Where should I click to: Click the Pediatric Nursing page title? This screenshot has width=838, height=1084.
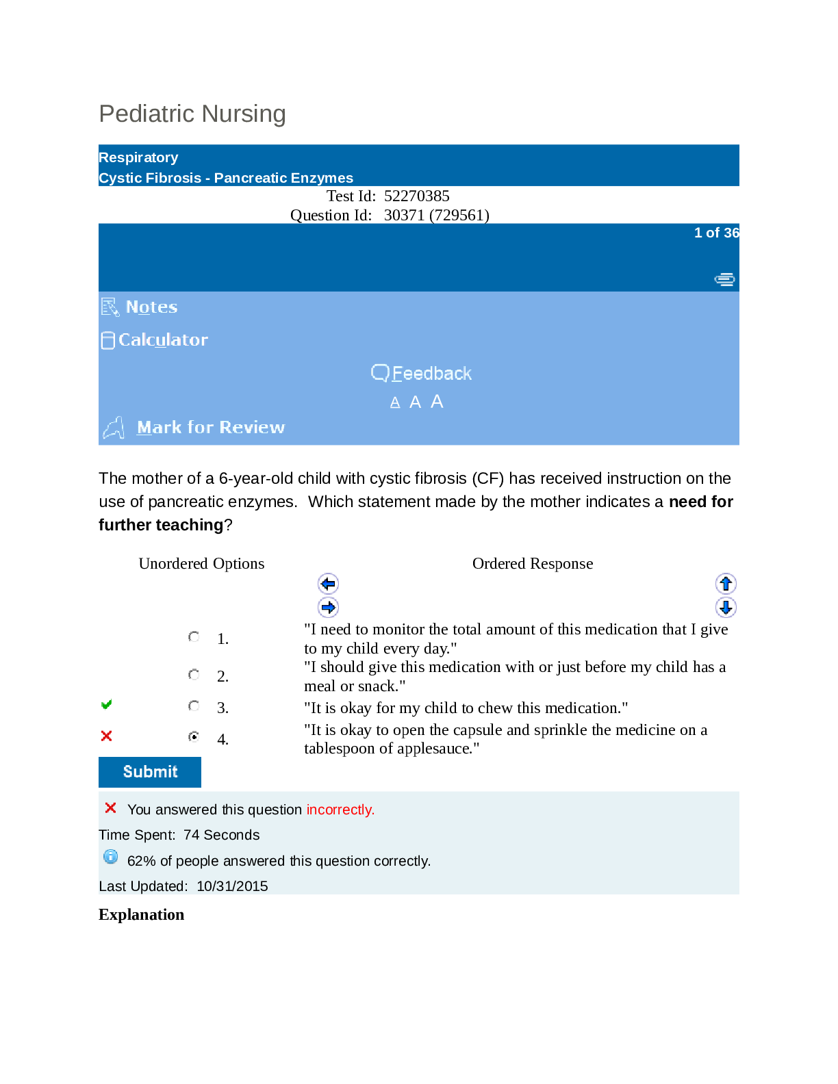click(x=192, y=114)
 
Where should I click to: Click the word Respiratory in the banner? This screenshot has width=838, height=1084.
click(x=138, y=157)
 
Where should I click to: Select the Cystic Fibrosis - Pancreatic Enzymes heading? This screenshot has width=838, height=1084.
click(x=226, y=178)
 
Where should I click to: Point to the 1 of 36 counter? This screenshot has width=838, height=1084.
click(x=716, y=233)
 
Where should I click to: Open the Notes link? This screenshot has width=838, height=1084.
click(x=151, y=307)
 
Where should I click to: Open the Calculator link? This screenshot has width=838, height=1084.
click(x=163, y=340)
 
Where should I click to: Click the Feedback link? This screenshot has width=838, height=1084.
click(x=431, y=374)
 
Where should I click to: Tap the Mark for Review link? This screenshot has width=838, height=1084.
click(x=210, y=428)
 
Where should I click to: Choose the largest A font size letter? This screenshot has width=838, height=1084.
click(x=437, y=402)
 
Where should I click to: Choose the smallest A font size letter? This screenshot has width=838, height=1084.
click(x=395, y=403)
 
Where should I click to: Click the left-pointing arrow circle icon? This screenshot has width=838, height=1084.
click(x=329, y=584)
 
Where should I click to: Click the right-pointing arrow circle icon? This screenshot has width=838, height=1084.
click(x=329, y=607)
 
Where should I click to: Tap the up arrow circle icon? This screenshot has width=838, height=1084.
click(x=726, y=584)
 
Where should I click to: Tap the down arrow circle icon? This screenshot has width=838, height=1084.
click(x=726, y=607)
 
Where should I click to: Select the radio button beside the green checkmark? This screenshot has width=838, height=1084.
click(x=194, y=706)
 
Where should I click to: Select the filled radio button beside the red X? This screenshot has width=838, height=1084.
click(x=194, y=737)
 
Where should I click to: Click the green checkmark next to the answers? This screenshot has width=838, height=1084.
click(x=106, y=705)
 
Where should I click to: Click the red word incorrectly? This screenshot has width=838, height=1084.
click(x=340, y=810)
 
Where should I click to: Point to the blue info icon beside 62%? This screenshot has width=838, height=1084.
click(x=110, y=857)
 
